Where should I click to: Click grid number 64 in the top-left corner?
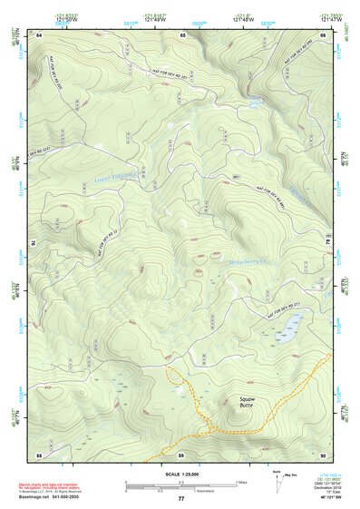(x=39, y=34)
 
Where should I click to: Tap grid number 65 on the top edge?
(x=182, y=34)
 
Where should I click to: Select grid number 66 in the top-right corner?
(x=322, y=34)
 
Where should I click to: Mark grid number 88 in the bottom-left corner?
(x=39, y=454)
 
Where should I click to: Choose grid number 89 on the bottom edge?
(x=180, y=454)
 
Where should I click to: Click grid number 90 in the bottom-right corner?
(x=322, y=454)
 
